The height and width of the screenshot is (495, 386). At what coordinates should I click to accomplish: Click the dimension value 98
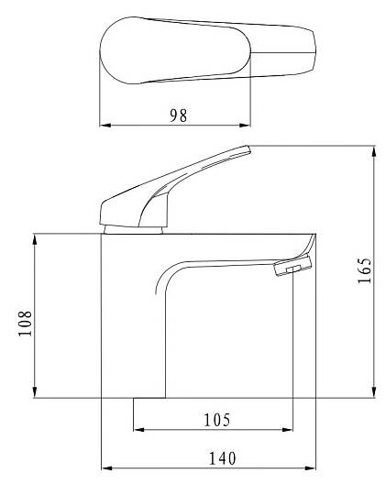[x=179, y=115]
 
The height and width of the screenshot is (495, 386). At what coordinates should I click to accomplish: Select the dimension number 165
[x=364, y=270]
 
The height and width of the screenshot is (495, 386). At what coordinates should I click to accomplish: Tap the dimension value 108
[x=26, y=324]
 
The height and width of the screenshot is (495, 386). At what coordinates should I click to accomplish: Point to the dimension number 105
[x=217, y=420]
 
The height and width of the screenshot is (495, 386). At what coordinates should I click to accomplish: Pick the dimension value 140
[x=223, y=458]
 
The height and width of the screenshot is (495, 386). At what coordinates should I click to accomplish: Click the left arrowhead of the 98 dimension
[x=105, y=126]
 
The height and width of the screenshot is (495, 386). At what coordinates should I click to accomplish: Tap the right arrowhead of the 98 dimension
[x=245, y=126]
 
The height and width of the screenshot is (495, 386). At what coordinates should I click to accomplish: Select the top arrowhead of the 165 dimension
[x=374, y=151]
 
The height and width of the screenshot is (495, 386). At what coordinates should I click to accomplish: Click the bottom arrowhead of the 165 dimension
[x=374, y=392]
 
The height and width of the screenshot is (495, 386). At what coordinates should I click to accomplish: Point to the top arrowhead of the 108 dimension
[x=35, y=239]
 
